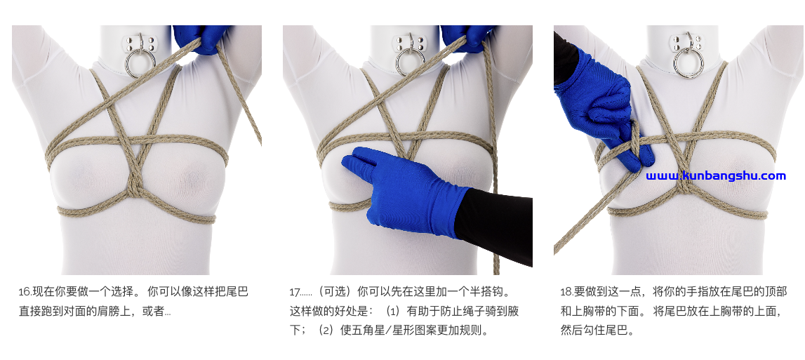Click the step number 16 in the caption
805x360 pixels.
click(x=24, y=292)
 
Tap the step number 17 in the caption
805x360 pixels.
click(x=295, y=292)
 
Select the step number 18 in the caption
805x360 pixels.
click(x=565, y=292)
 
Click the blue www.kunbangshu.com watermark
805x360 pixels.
click(x=716, y=176)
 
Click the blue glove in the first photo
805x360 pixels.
click(x=198, y=38)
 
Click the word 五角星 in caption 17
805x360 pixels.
click(x=368, y=331)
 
